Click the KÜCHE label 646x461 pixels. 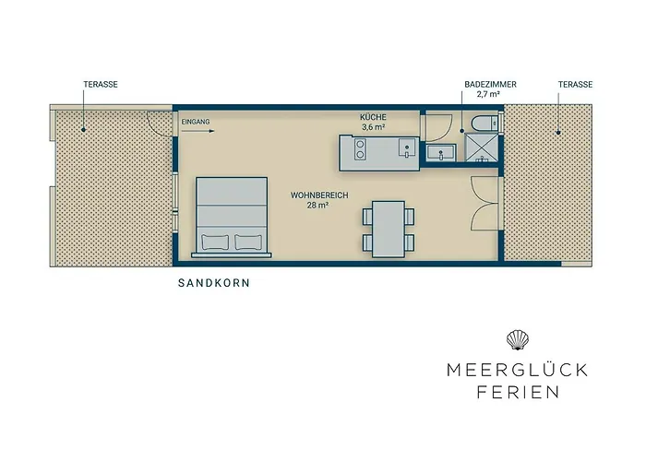374,117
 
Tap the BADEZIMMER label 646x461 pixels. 490,84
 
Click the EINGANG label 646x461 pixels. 196,122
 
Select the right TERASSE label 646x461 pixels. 574,84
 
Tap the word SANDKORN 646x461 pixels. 214,284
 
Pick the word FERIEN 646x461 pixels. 517,392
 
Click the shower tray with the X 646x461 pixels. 479,148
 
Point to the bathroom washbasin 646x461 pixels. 441,152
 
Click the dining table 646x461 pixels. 388,227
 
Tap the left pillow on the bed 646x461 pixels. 214,242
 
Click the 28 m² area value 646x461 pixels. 317,206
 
